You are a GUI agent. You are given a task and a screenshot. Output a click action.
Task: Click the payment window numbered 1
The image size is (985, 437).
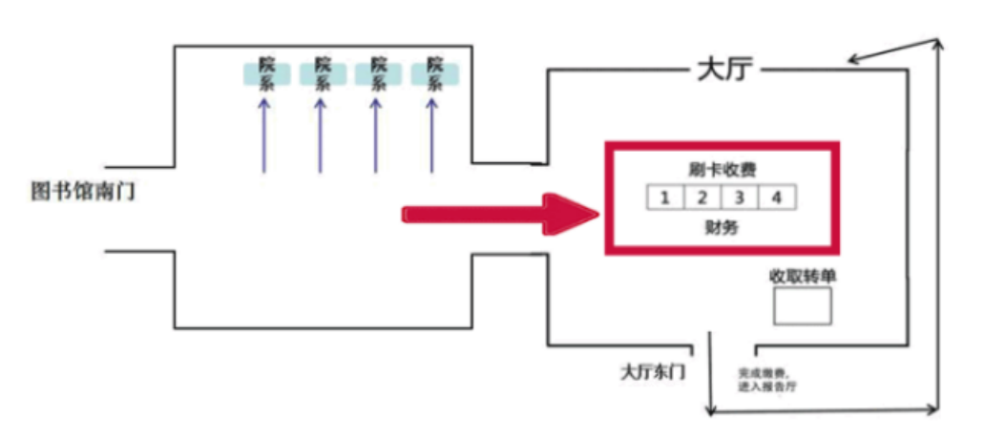665,198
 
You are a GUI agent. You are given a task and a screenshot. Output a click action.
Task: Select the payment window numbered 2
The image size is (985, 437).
702,198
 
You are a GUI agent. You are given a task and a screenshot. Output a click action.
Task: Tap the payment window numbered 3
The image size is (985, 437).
739,198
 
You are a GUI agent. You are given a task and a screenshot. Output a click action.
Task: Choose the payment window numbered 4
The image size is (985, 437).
776,198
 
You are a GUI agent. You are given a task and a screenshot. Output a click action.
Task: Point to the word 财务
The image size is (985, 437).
721,228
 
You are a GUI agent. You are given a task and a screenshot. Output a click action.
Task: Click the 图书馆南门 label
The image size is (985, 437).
82,192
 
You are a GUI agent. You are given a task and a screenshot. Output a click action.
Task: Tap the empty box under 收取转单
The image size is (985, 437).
802,305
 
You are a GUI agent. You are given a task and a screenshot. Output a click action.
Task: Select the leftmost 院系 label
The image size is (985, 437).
266,73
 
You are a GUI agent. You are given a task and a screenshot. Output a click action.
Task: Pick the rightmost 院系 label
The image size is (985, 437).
435,73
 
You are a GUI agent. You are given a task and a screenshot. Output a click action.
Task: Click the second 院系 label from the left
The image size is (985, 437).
323,73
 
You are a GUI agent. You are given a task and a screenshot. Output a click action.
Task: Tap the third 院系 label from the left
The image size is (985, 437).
379,73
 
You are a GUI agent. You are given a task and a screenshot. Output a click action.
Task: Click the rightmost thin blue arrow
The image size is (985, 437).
434,134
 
